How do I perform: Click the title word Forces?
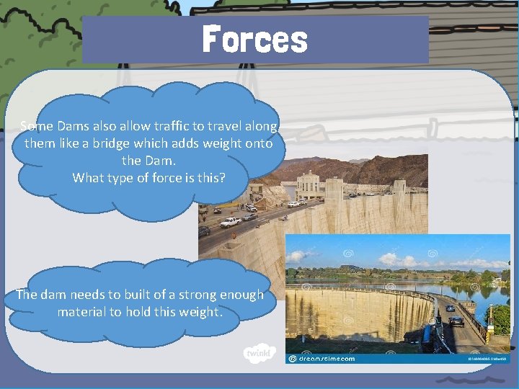pos(254,39)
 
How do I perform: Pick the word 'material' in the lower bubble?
pos(85,312)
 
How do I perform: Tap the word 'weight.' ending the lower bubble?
pos(200,312)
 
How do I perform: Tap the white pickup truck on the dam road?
pos(230,222)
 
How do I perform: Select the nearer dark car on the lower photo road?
pos(456,321)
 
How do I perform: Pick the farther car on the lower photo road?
pos(451,308)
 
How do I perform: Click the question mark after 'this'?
pos(223,176)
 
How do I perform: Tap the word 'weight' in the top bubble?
pos(223,143)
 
